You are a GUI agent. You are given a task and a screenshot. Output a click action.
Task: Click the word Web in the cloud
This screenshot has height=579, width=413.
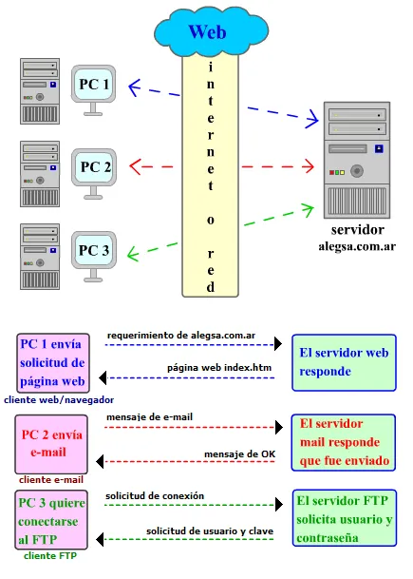206,31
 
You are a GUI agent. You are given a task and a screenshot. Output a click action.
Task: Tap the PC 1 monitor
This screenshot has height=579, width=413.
94,85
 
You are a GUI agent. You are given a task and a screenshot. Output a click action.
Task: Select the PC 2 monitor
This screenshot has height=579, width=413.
95,167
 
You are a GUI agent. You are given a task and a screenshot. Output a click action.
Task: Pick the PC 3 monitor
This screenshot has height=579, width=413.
94,251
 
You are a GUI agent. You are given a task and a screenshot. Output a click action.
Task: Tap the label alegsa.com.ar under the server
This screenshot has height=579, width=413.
357,246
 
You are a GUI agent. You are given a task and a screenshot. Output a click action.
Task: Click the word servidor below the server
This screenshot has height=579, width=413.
357,230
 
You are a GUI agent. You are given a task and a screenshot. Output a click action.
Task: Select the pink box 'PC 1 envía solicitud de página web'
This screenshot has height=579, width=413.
53,361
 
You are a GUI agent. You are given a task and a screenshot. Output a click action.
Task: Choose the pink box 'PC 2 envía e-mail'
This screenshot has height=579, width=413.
53,443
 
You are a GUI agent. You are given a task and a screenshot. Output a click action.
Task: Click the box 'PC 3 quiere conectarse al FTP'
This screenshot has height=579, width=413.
53,520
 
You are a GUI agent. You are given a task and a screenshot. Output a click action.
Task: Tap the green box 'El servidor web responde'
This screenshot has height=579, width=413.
344,361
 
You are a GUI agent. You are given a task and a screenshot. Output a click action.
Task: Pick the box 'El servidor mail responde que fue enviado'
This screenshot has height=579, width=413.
344,442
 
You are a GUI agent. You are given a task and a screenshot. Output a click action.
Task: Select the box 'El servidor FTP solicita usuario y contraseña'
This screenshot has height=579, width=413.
344,519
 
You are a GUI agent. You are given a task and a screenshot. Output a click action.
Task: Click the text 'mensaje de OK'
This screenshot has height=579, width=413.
239,454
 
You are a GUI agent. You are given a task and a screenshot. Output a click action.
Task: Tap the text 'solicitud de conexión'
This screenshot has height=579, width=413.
155,495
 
